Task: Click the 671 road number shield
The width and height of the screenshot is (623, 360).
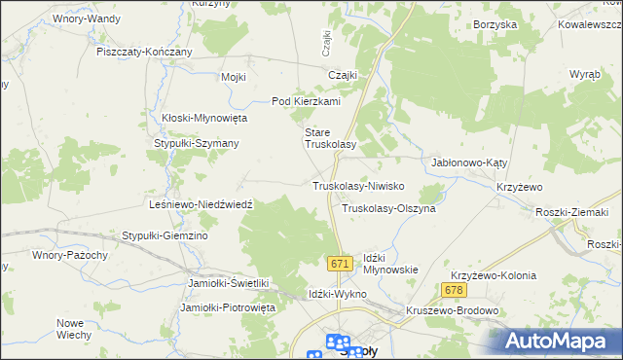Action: tap(339, 265)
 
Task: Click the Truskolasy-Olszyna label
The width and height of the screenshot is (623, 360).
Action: tap(388, 208)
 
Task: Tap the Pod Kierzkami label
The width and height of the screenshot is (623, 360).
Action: tap(305, 101)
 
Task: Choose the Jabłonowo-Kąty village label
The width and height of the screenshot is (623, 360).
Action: tap(470, 163)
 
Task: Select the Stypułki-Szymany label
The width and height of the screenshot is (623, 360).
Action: tap(198, 143)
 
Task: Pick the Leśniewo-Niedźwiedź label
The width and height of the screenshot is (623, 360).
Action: tap(202, 205)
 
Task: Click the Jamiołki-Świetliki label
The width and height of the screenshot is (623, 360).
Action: tap(228, 283)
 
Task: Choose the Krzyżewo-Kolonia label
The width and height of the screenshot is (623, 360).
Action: tap(493, 275)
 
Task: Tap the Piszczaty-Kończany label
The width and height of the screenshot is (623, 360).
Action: tap(144, 52)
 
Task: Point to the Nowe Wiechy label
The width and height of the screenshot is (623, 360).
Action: tap(73, 329)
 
